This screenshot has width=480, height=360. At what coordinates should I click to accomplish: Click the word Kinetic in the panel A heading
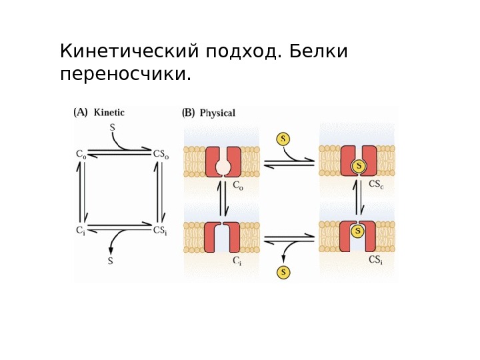coord(109,113)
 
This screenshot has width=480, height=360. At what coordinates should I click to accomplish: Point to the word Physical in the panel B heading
coord(217,113)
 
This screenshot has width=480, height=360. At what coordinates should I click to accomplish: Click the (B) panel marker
coord(189,113)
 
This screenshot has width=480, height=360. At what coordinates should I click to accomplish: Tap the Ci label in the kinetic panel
coord(80,231)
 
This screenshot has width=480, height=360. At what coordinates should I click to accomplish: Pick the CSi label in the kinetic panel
coord(161,231)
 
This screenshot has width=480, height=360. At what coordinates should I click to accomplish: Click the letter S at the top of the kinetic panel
coord(111,126)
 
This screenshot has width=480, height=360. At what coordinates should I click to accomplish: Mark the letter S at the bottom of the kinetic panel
coord(111,261)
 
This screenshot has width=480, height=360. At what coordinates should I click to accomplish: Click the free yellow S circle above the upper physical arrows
coord(284,139)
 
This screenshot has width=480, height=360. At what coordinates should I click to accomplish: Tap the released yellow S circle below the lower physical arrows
coord(284,272)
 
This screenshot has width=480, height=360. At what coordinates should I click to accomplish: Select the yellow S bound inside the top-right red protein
coord(359,165)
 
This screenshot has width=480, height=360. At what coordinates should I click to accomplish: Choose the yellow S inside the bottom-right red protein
coord(358,231)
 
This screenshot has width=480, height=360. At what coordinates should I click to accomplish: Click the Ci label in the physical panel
coord(237,261)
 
